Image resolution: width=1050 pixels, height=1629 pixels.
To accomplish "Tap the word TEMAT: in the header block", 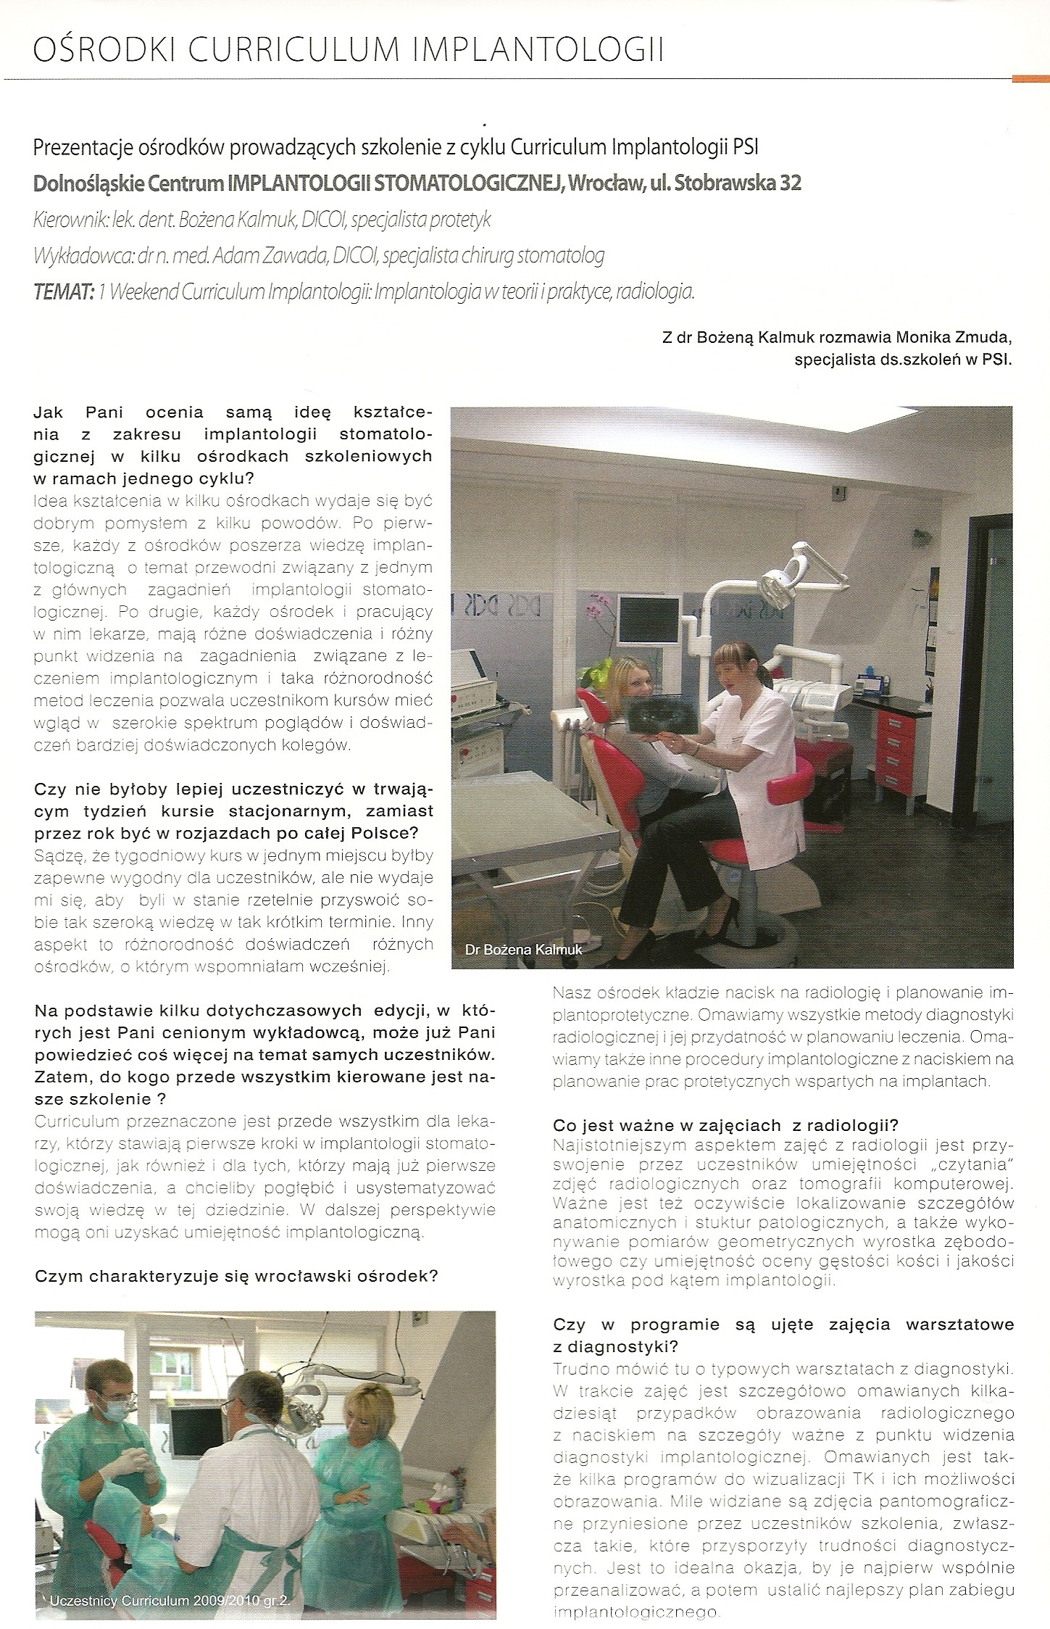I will coord(64,292).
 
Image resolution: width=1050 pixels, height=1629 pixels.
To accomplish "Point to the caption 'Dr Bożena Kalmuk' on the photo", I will coord(523,949).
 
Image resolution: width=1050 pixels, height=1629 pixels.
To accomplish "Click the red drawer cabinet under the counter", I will coord(897,754).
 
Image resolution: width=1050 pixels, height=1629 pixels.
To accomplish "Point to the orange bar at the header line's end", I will coord(1030,78).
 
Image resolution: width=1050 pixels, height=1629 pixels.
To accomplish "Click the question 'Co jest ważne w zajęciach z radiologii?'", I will coord(725,1125).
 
